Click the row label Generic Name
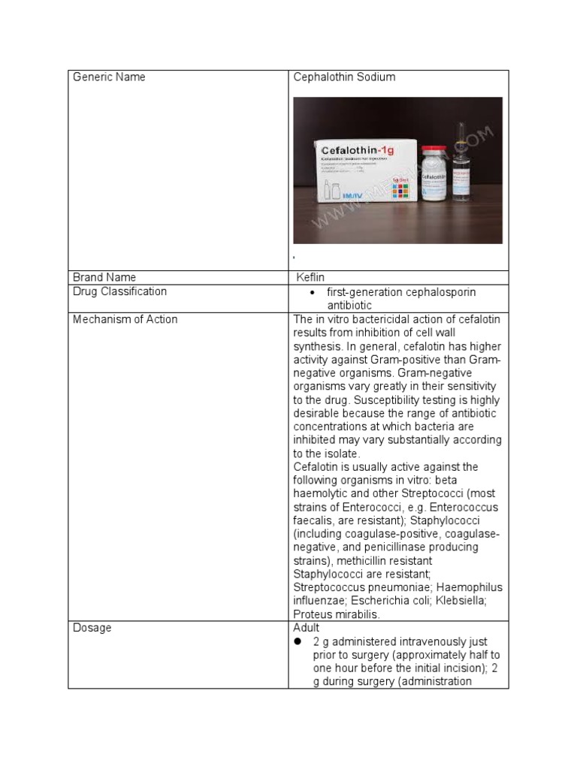[x=109, y=77]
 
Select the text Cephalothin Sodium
[x=344, y=77]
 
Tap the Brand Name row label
[x=104, y=277]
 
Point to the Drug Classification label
[x=120, y=291]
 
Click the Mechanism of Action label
[x=125, y=319]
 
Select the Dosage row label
[x=92, y=628]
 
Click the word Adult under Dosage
[x=307, y=628]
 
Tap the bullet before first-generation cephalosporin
[x=312, y=292]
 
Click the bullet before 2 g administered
[x=298, y=642]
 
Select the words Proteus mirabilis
[x=337, y=614]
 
